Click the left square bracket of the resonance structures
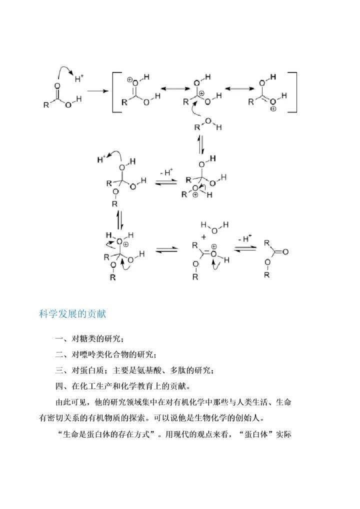[x=114, y=92]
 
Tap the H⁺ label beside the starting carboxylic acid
[x=79, y=78]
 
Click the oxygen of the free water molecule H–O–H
[x=213, y=230]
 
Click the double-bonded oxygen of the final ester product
[x=285, y=251]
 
